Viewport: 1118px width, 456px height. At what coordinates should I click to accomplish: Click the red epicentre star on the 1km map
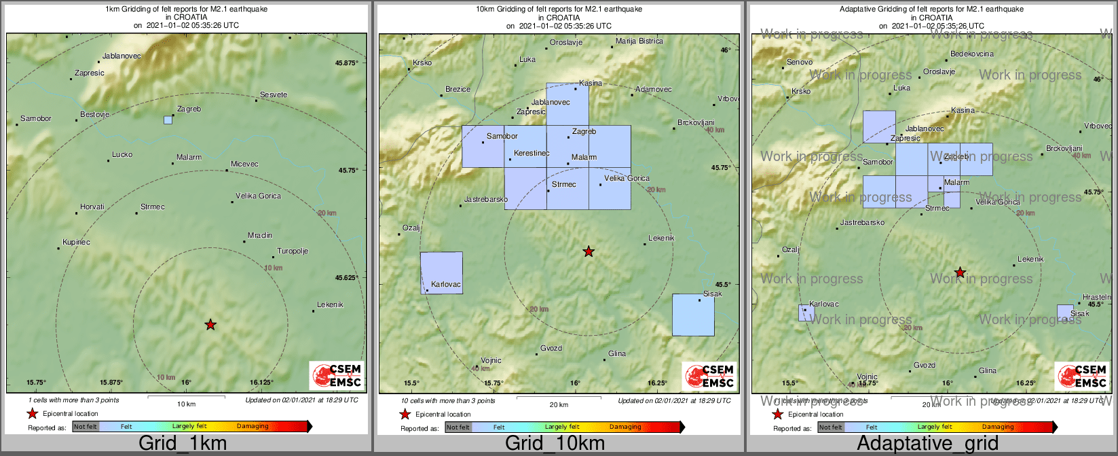tap(210, 325)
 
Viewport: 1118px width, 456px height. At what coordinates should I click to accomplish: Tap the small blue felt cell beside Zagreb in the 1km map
tap(168, 120)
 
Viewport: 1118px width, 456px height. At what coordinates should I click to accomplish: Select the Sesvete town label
tap(274, 95)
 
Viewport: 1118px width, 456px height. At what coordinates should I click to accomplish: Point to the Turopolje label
tap(293, 251)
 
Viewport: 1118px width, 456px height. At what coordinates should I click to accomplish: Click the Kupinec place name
tap(76, 243)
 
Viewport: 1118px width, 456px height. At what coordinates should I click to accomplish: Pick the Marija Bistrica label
tap(639, 41)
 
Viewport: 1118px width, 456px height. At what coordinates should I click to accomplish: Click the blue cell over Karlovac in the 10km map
tap(441, 273)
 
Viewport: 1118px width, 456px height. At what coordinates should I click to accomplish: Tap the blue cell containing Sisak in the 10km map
tap(693, 315)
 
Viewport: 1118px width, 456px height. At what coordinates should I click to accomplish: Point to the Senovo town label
tap(799, 63)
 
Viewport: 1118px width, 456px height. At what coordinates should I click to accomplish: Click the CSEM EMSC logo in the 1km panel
tap(336, 376)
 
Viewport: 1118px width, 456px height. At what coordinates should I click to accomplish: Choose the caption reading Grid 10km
tap(555, 443)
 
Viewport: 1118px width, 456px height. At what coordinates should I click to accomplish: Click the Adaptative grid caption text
tap(927, 443)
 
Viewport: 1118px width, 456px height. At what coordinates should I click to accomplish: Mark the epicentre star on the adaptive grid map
tap(960, 273)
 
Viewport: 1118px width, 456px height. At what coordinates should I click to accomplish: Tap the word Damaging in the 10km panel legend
tap(625, 427)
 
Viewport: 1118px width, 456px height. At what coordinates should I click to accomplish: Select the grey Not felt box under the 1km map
tap(86, 427)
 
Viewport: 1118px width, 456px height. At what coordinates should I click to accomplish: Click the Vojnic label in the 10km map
tap(491, 361)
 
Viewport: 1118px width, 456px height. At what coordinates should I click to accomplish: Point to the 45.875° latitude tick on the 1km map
tap(346, 63)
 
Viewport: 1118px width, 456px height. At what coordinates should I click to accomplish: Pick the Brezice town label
tap(458, 90)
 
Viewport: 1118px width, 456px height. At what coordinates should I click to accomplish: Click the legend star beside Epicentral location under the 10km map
tap(405, 415)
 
